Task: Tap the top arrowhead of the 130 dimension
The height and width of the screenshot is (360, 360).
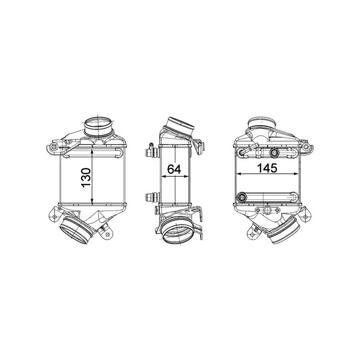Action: pos(93,151)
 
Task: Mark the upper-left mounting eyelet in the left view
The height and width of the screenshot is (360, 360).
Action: pos(54,147)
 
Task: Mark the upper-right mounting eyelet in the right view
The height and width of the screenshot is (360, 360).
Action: pos(307,147)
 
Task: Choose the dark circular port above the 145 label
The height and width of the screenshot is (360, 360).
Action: pos(273,153)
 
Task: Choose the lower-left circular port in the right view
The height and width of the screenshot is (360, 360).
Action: pos(243,197)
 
